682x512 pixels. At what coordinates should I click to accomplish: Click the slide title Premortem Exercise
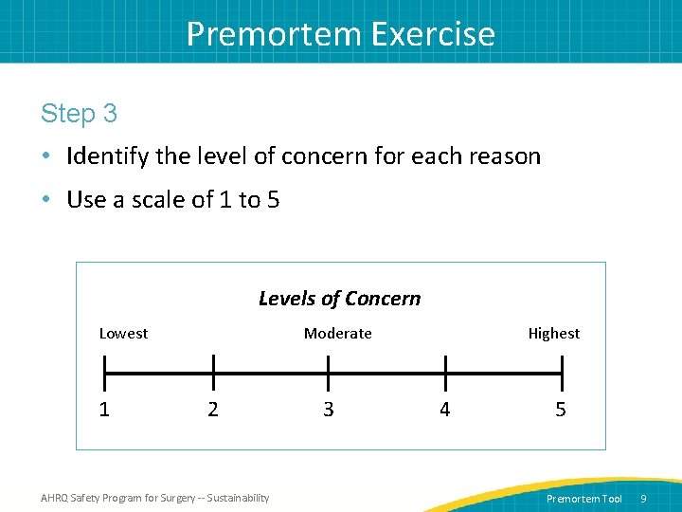tap(340, 33)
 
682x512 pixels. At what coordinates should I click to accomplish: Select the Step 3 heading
tap(79, 114)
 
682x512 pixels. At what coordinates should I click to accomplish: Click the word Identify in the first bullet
tap(109, 156)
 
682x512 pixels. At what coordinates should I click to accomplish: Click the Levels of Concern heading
tap(339, 299)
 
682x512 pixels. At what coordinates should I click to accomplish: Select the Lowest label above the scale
tap(123, 333)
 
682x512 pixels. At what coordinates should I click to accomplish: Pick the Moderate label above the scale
tap(337, 333)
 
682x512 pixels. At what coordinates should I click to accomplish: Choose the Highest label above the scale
tap(553, 333)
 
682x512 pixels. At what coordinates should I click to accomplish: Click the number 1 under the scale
tap(104, 410)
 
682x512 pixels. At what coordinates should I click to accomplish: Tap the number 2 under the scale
tap(212, 410)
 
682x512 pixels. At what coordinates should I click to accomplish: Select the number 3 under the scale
tap(328, 410)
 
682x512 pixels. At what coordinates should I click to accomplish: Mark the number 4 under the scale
tap(444, 410)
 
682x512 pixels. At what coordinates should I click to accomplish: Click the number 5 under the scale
tap(561, 410)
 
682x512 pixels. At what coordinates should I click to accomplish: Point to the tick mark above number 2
tap(212, 372)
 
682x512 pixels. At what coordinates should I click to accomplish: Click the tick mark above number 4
tap(444, 372)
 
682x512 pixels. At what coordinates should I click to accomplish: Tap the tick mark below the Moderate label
tap(328, 372)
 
